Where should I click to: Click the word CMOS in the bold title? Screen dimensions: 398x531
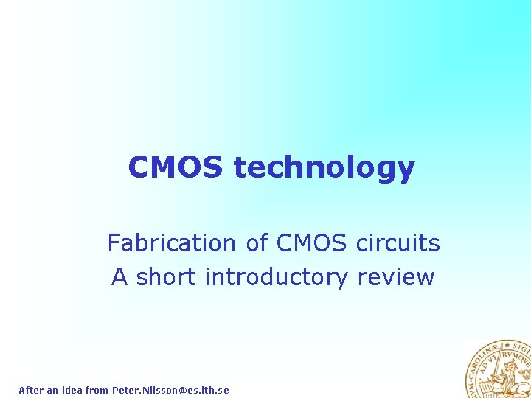175,167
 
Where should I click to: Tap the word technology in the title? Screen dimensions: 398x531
324,169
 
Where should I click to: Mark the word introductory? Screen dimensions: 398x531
277,277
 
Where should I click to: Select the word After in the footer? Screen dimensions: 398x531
31,390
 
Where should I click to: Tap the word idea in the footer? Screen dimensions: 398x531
72,390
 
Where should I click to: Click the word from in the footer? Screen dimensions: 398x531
97,390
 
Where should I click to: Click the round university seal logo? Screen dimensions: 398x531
498,369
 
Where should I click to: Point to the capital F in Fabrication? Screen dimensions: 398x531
114,242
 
